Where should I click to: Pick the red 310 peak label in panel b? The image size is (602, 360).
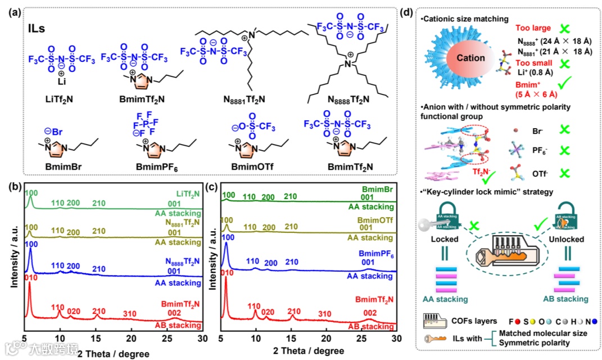point(130,313)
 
